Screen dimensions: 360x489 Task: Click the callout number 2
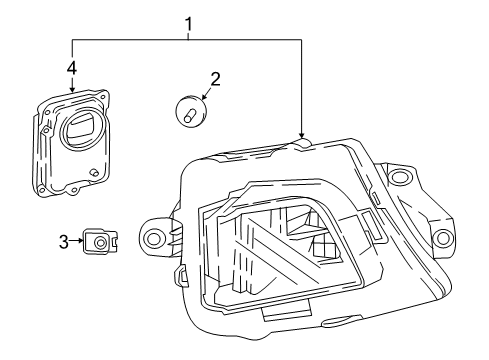pyautogui.click(x=214, y=77)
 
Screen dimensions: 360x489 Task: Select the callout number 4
pyautogui.click(x=71, y=68)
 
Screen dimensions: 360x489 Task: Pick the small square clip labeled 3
pyautogui.click(x=100, y=241)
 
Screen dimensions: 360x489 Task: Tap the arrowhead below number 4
pyautogui.click(x=71, y=87)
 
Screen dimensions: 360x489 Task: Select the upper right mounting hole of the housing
pyautogui.click(x=402, y=178)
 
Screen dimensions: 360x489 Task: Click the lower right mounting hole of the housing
pyautogui.click(x=441, y=238)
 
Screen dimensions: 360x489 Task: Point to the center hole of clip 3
pyautogui.click(x=100, y=242)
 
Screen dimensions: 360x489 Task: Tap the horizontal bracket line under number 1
pyautogui.click(x=186, y=38)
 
